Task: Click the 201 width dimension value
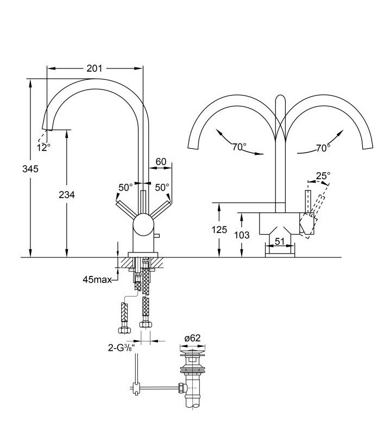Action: [95, 68]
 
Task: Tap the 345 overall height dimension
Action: [30, 169]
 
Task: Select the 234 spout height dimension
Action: [67, 195]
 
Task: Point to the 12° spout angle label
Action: [44, 147]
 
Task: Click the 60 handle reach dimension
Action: [161, 162]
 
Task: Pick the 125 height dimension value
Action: [219, 230]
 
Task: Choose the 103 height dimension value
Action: [242, 235]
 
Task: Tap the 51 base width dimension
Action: [280, 241]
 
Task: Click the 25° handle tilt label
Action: [323, 175]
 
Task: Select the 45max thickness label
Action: [97, 280]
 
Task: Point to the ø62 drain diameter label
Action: [192, 338]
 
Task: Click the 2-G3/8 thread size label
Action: [122, 348]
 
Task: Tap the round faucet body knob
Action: [144, 225]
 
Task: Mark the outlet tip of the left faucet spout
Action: [47, 129]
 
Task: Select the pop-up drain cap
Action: [193, 352]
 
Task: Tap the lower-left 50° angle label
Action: [125, 188]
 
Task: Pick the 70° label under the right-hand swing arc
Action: [323, 148]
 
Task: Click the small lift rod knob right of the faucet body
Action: [158, 236]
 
